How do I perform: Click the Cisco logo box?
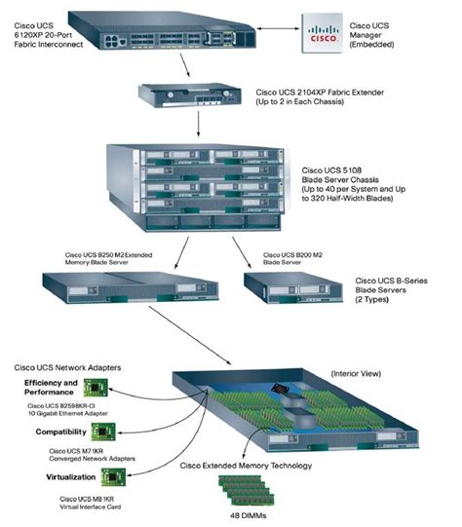point(327,32)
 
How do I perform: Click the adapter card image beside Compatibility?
point(104,432)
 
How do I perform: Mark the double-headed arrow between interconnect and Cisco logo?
point(263,29)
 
